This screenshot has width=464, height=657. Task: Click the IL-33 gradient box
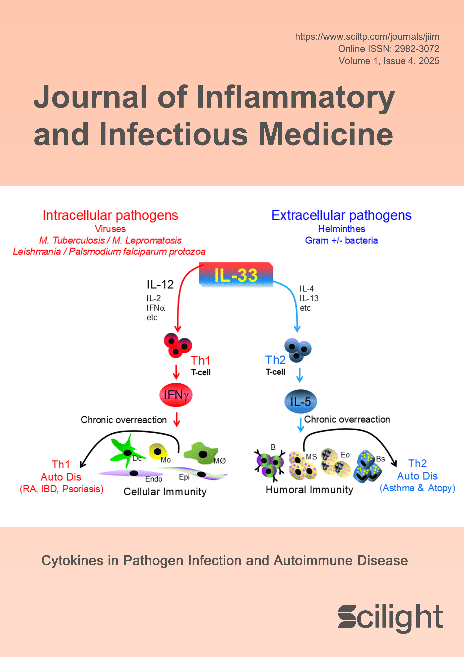click(x=236, y=275)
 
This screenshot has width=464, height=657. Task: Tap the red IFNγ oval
click(x=176, y=395)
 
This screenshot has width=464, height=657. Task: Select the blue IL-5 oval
click(x=300, y=402)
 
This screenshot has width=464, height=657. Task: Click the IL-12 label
click(x=160, y=284)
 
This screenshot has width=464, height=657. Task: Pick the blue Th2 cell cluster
click(x=298, y=350)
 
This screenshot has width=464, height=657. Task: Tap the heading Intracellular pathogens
click(x=110, y=215)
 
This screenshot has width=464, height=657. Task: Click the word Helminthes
click(x=342, y=229)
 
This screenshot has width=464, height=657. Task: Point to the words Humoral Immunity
click(x=309, y=490)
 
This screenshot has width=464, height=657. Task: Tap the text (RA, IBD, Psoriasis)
click(x=62, y=489)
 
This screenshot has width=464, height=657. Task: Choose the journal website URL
click(x=367, y=37)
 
